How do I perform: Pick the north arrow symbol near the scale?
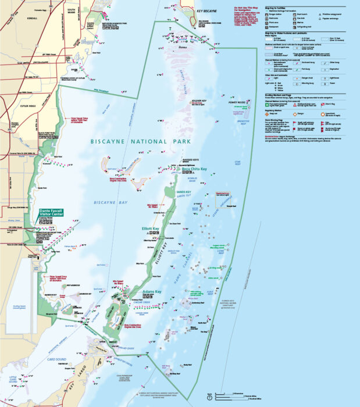coord(209,397)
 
